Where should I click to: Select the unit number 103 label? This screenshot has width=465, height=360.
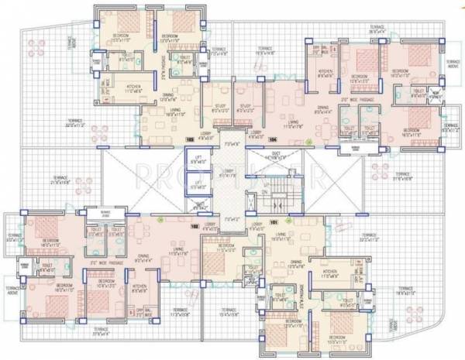click(x=190, y=139)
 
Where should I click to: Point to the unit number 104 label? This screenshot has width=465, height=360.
click(x=273, y=139)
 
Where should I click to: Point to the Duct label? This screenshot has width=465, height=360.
click(x=275, y=154)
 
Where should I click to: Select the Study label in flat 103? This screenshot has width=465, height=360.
click(x=218, y=106)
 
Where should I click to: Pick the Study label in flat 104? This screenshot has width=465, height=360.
click(x=245, y=106)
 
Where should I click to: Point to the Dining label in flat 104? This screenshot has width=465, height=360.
click(x=321, y=108)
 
